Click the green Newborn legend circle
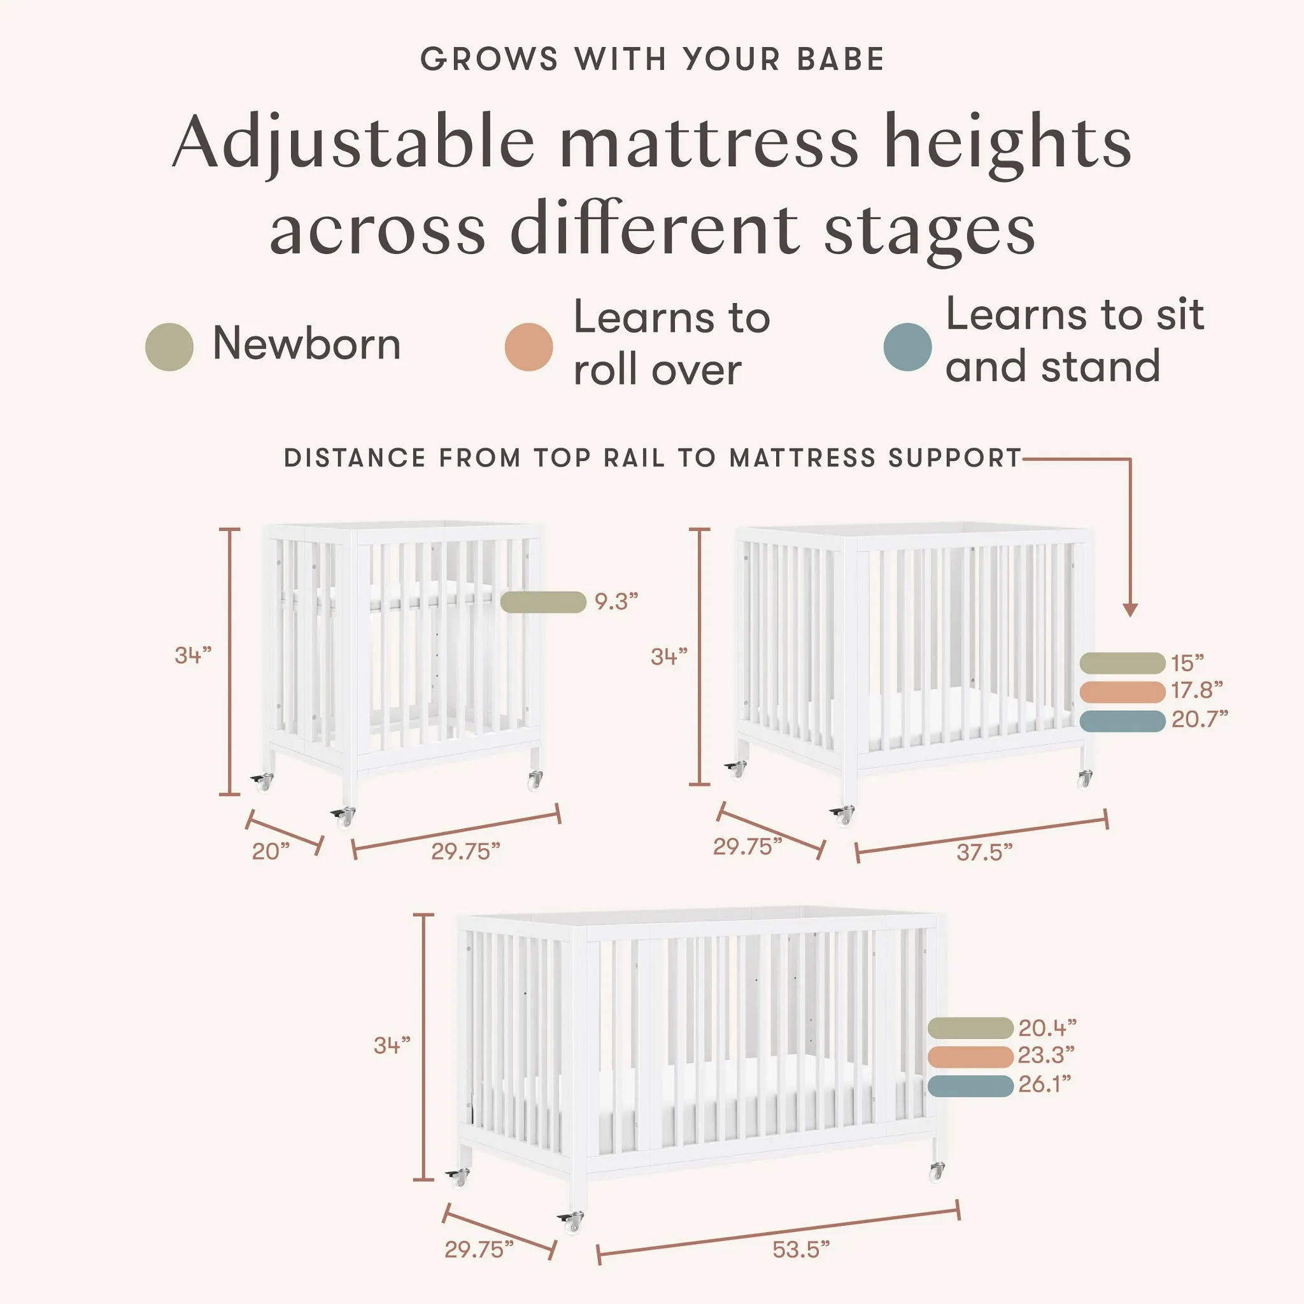tap(169, 347)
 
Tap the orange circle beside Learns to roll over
tap(528, 347)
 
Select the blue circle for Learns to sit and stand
tap(907, 347)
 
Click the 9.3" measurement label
tap(616, 601)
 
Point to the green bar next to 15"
tap(1122, 663)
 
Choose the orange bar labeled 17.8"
tap(1122, 692)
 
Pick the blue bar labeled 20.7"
tap(1122, 721)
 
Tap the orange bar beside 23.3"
tap(970, 1057)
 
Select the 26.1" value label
tap(1044, 1084)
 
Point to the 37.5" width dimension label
tap(984, 853)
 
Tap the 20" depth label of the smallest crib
tap(270, 852)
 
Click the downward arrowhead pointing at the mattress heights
tap(1130, 610)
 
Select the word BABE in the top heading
tap(840, 59)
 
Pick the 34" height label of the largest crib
tap(392, 1045)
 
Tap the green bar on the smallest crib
tap(542, 602)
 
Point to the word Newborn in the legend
tap(306, 344)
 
